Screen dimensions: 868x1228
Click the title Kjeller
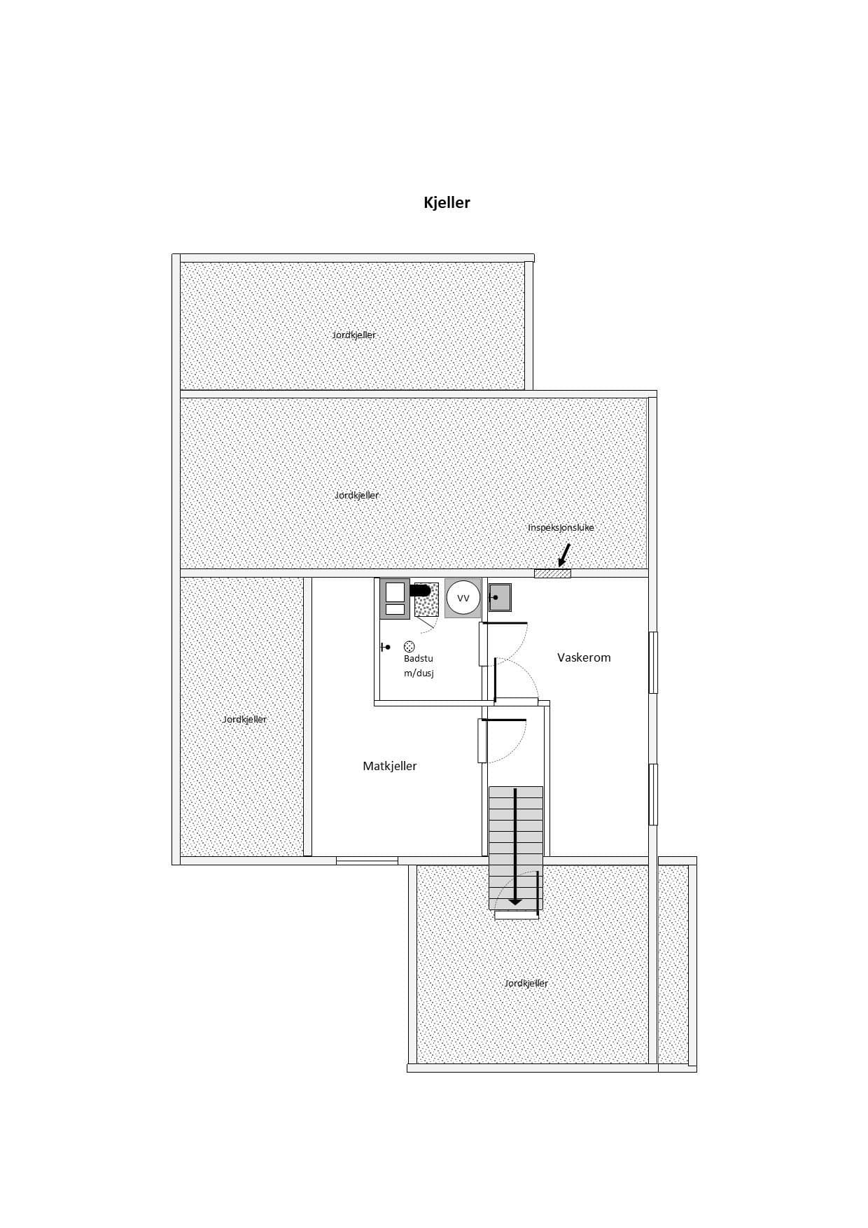447,203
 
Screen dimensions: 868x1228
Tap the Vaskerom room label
584,657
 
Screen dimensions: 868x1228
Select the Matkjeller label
389,767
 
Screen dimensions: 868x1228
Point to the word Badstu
419,659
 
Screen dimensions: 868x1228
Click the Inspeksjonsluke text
561,528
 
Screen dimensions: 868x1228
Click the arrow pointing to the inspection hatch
564,555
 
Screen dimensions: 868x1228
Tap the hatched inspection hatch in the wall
552,574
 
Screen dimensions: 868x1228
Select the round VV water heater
463,599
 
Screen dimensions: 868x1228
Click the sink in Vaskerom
500,597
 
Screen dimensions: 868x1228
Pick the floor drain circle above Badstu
409,647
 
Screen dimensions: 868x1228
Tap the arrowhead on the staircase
515,900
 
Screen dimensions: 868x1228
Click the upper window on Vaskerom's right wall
653,662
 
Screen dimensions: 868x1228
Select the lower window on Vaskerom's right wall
653,795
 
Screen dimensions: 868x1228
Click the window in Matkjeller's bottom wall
367,860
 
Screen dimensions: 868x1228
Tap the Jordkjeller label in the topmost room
354,335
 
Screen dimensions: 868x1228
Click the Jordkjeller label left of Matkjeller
244,720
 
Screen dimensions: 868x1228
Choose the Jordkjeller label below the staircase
526,984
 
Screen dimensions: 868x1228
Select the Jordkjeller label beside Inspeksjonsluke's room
356,496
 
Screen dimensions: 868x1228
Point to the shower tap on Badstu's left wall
385,648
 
